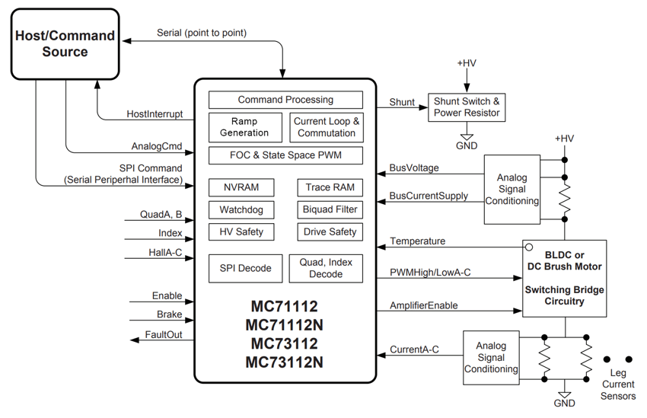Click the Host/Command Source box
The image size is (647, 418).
coord(65,44)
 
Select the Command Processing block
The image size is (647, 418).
coord(285,100)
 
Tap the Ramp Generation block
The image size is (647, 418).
coord(244,127)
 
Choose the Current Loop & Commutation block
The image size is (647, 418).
coord(327,127)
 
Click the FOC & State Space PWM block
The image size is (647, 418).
coord(285,156)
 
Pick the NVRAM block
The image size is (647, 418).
coord(241,187)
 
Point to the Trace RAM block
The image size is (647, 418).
coord(330,187)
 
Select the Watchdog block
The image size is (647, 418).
coord(241,209)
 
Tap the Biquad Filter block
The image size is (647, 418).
coord(330,209)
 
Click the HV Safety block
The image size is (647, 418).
coord(241,231)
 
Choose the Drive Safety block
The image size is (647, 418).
coord(330,231)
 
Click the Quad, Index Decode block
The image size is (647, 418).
coord(326,268)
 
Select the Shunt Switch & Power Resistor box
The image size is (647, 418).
coord(467,107)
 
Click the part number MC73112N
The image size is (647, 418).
coord(285,362)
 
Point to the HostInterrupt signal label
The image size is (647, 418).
coord(155,114)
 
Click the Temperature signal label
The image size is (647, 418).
coord(418,241)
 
